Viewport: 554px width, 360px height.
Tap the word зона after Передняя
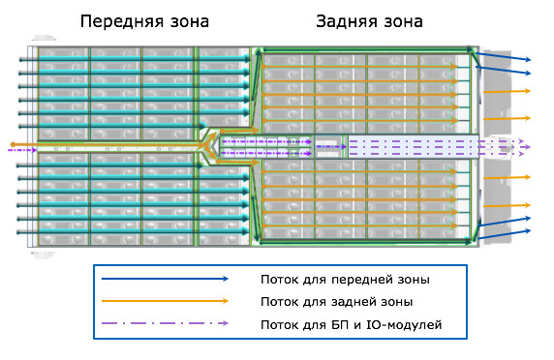190,21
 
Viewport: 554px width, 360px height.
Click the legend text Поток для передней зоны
344,280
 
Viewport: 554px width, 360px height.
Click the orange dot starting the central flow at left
12,144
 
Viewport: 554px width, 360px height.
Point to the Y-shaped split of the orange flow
207,144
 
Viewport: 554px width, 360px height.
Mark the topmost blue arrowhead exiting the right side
527,60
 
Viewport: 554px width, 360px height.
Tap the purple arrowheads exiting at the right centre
527,147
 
